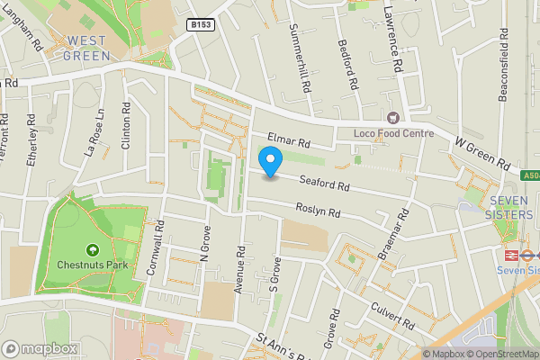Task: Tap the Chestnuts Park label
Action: coord(92,265)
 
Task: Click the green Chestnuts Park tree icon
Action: coord(92,249)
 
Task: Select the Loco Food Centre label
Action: coord(394,133)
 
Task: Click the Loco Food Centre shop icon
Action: coord(392,117)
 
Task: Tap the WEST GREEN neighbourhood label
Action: coord(88,48)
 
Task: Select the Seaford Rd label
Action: coord(324,182)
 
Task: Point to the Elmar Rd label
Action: coord(288,141)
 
